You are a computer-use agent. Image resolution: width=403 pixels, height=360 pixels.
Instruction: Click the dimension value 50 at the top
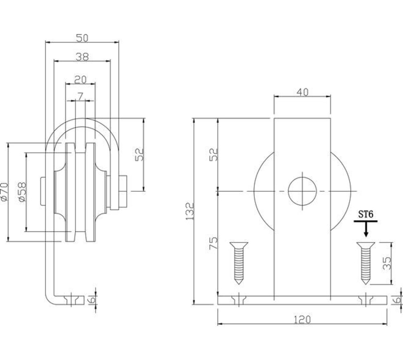(82, 38)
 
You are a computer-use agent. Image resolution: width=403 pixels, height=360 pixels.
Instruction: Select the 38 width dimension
(82, 57)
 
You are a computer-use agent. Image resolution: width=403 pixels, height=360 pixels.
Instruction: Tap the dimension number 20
(80, 79)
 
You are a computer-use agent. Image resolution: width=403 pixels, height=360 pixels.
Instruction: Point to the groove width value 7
(80, 96)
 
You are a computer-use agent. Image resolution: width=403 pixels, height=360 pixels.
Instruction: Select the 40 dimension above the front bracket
(302, 92)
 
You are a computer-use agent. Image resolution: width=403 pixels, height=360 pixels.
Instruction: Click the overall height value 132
(190, 211)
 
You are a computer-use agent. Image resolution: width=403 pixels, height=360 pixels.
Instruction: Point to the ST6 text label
(366, 215)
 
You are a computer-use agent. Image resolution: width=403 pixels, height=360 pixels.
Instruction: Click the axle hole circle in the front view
(302, 191)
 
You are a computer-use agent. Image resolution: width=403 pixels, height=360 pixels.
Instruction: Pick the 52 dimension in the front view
(214, 154)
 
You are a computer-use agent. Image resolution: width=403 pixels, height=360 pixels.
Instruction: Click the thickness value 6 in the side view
(93, 299)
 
